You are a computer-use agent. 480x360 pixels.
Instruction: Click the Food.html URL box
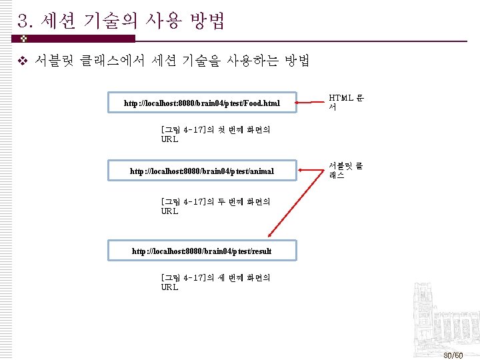point(202,103)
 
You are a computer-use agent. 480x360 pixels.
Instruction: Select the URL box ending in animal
point(202,171)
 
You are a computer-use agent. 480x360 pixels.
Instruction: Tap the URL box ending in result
point(202,251)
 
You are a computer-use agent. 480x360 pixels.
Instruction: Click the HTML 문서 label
point(345,101)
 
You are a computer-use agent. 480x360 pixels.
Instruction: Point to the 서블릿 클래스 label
point(345,170)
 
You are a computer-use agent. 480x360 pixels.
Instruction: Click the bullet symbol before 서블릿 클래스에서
point(21,62)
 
